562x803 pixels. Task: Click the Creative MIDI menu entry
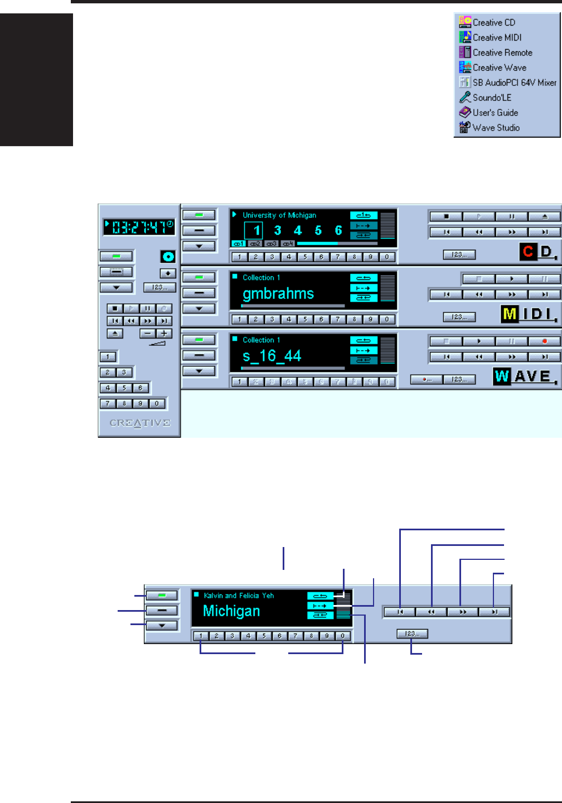click(497, 37)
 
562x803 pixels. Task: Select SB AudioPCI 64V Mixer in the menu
click(514, 83)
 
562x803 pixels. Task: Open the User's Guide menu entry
click(495, 113)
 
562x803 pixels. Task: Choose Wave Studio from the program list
click(496, 128)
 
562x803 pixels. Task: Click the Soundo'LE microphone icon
click(465, 98)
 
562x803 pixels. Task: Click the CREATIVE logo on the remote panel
click(140, 423)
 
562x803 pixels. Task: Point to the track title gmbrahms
click(278, 294)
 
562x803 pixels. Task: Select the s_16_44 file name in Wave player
click(272, 356)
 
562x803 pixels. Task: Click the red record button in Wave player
click(544, 341)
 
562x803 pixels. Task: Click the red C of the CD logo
click(528, 252)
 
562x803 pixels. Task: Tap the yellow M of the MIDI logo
click(510, 315)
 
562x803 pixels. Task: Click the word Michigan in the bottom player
click(231, 611)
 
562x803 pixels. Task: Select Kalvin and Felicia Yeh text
click(239, 596)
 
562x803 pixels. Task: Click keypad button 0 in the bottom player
click(342, 636)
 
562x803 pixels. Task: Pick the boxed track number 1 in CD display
click(256, 230)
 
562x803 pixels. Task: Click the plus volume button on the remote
click(164, 333)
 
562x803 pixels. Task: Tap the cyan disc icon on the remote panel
click(168, 257)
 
